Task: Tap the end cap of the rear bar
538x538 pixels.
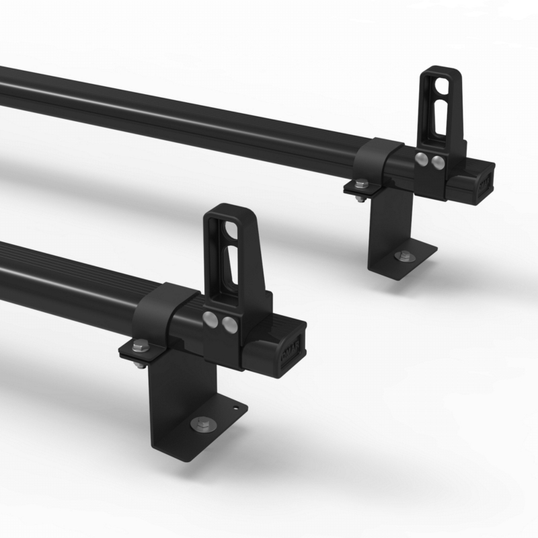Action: tap(486, 182)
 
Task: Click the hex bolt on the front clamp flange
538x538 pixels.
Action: tap(139, 346)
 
